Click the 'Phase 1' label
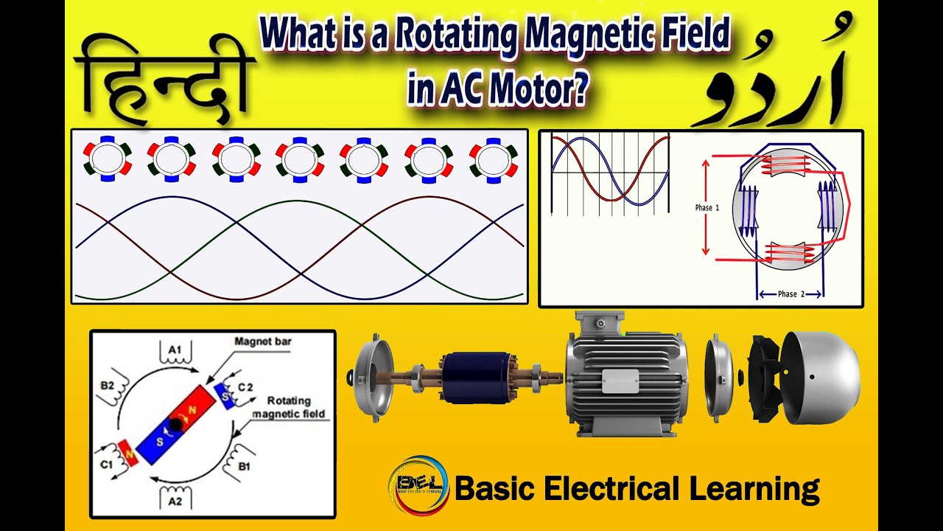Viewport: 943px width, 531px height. click(x=707, y=208)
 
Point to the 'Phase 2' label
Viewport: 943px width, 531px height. click(x=790, y=294)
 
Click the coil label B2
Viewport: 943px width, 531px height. click(x=108, y=386)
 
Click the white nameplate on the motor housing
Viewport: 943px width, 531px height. click(x=620, y=381)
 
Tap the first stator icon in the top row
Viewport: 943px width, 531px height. click(x=107, y=159)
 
